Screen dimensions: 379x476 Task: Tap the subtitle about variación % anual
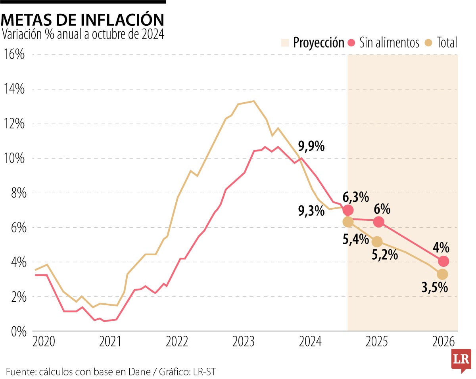click(83, 34)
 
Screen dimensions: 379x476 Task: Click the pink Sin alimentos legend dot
click(351, 42)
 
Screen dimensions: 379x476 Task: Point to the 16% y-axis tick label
click(14, 55)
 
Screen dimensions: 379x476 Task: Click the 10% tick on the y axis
click(14, 158)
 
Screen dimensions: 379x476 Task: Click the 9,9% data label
click(311, 147)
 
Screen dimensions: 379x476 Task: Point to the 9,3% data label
click(311, 211)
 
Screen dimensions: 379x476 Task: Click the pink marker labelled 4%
click(443, 261)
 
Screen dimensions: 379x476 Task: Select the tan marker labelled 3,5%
click(442, 274)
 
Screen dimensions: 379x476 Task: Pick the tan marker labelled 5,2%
click(377, 241)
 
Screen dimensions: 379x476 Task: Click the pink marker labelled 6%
click(378, 222)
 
